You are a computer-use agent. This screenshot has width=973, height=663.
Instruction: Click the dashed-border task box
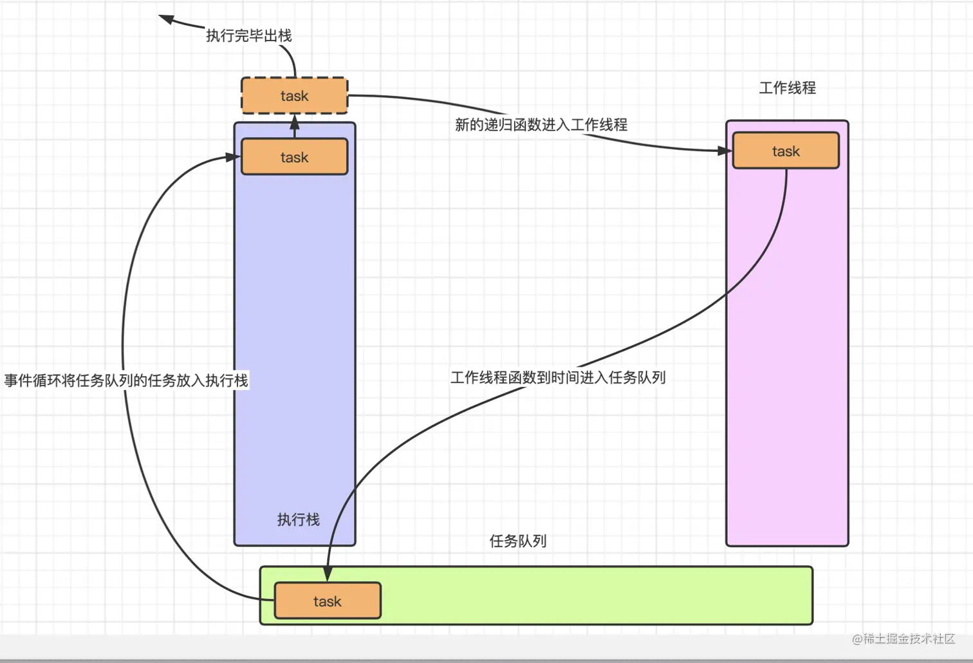point(294,96)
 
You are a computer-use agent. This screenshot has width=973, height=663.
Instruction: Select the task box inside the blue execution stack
point(294,157)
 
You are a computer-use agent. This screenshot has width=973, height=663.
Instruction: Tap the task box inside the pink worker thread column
point(786,151)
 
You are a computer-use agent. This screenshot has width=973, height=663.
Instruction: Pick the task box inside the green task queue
point(327,601)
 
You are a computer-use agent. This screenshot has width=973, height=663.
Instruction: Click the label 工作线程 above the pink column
point(787,88)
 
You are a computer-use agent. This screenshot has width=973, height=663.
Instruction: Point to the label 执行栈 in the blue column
point(298,519)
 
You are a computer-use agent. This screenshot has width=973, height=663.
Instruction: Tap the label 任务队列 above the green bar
point(518,541)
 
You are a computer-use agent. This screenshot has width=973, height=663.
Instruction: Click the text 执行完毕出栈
point(249,35)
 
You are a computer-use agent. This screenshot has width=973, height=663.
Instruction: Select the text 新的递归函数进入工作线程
point(541,125)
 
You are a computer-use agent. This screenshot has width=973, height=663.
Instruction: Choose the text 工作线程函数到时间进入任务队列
point(558,377)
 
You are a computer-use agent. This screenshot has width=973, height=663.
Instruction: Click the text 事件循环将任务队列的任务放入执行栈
point(126,380)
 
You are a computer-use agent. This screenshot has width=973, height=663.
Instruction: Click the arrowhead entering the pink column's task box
point(726,151)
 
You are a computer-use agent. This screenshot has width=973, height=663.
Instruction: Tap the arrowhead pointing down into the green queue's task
point(328,574)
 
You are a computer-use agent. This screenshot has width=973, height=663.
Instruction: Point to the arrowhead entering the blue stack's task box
point(233,156)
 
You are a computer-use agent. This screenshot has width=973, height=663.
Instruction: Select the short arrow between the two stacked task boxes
point(295,126)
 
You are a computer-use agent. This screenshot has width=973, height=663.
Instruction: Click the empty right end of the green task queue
point(708,595)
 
